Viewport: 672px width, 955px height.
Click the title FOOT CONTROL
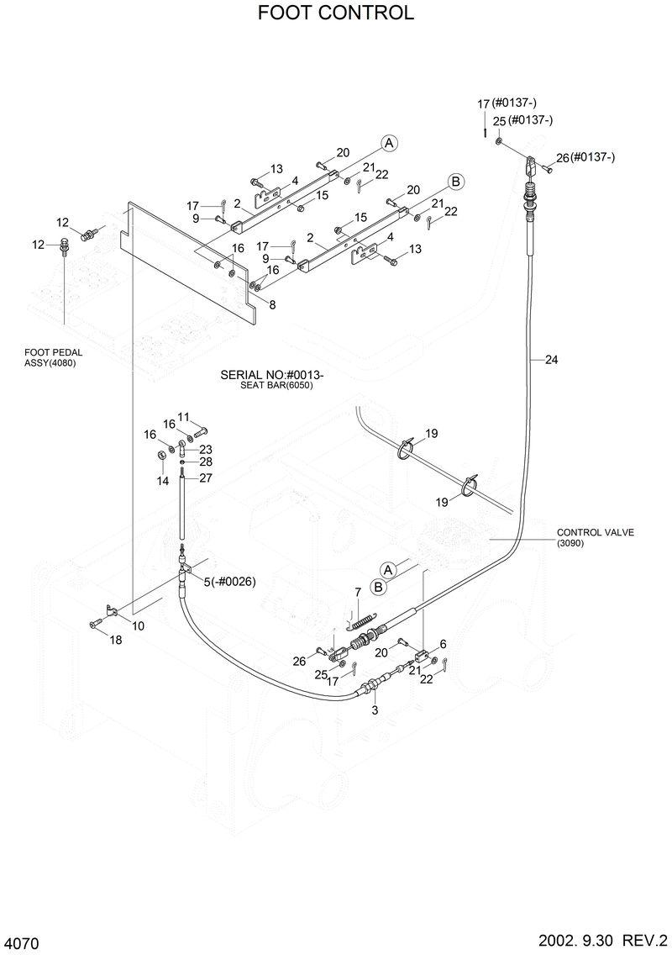click(336, 13)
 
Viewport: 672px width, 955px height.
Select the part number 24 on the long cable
click(551, 360)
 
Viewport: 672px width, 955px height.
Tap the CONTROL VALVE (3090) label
click(595, 537)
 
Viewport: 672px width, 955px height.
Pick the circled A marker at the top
click(388, 144)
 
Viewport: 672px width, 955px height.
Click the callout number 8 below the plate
click(271, 305)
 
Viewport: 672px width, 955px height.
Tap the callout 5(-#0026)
click(229, 582)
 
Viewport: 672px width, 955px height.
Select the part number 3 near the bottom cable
click(375, 710)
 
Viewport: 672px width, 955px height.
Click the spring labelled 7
click(362, 622)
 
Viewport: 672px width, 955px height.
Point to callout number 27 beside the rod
click(206, 477)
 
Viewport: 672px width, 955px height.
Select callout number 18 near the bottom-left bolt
click(116, 640)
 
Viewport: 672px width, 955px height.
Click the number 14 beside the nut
click(163, 479)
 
